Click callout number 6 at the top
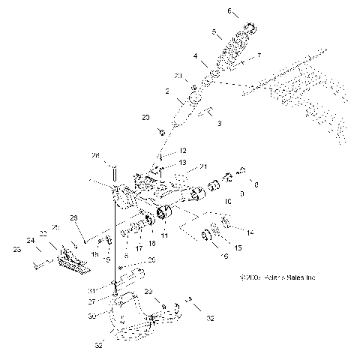coord(230,11)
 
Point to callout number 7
coord(259,56)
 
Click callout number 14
coord(250,233)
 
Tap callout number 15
coord(239,247)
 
